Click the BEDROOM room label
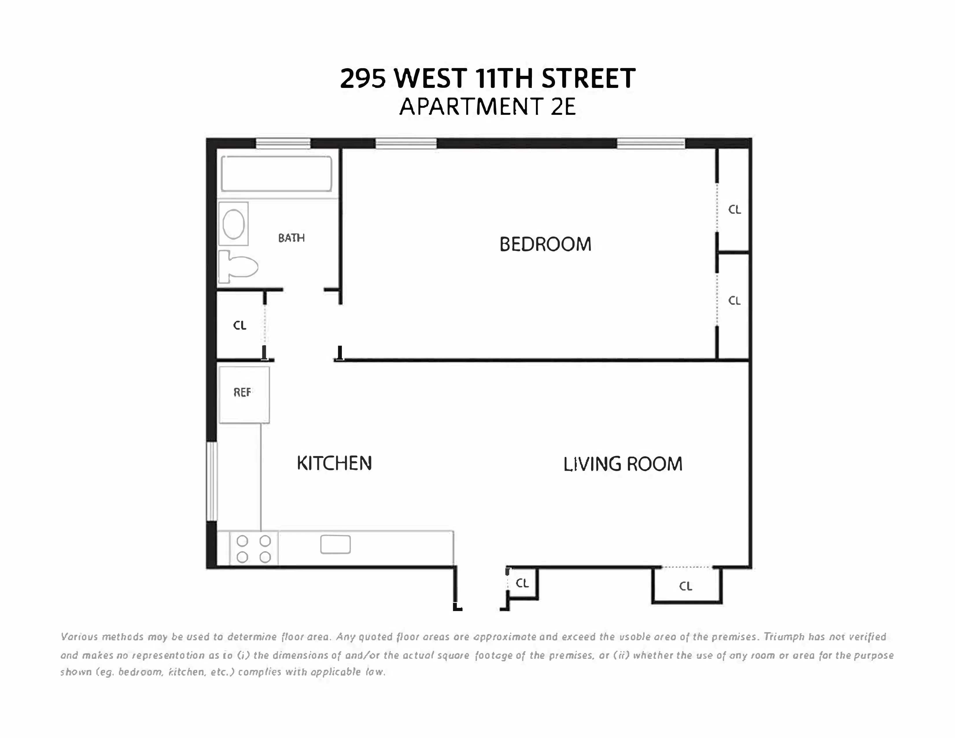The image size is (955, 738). pos(545,244)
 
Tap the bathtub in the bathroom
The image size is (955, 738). pos(276,174)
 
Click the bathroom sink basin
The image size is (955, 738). pos(233,224)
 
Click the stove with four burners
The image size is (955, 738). pos(254,549)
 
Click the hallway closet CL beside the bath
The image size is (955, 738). pos(240,325)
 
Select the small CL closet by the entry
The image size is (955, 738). pos(522,583)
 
